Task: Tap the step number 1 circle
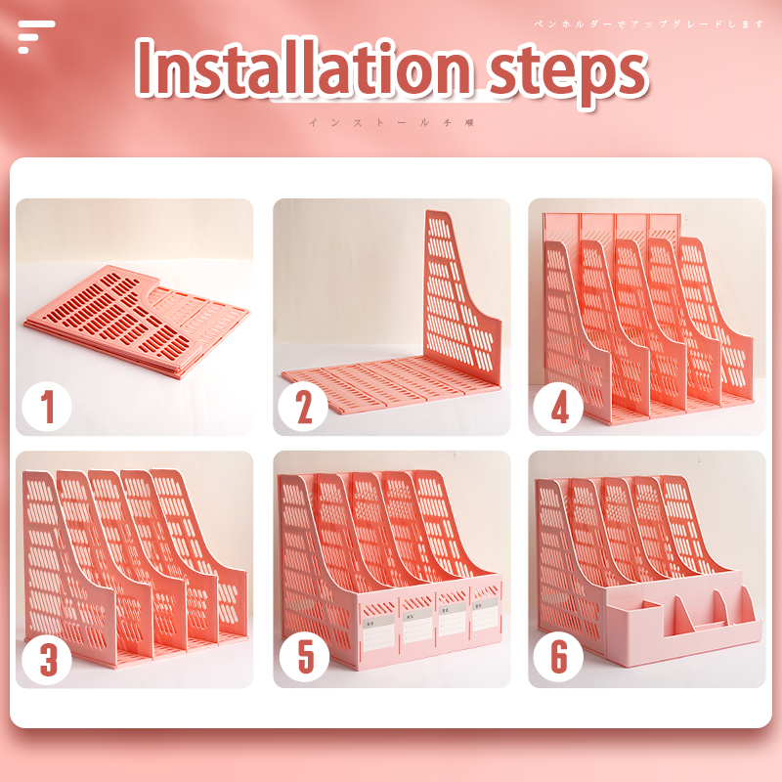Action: coord(46,406)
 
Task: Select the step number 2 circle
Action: coord(302,406)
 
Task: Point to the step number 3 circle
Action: coord(46,660)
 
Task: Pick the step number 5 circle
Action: coord(304,657)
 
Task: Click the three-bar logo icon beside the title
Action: coord(35,36)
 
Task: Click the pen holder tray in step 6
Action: coord(684,626)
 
